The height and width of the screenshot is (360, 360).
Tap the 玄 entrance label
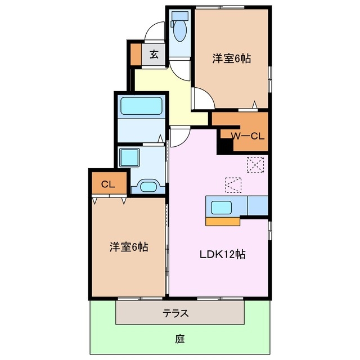(154, 55)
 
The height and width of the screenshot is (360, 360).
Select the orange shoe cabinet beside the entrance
(136, 55)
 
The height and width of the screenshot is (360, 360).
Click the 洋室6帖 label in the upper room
(232, 57)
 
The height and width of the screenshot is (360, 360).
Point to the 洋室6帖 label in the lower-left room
(129, 247)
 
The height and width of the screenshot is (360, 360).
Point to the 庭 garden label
(179, 339)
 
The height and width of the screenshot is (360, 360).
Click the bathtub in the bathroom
(141, 106)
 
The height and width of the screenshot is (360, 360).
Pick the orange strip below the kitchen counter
(223, 221)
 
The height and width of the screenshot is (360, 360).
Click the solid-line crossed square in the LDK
(255, 165)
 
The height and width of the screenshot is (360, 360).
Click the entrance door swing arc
(154, 31)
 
